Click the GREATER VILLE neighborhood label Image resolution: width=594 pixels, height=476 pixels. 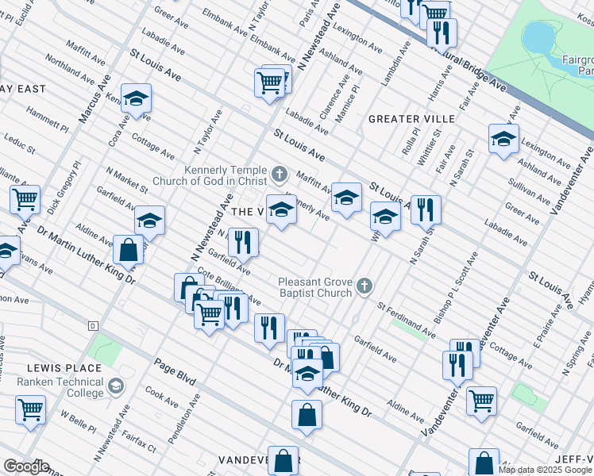point(411,119)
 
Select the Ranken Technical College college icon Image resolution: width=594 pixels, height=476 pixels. point(116,386)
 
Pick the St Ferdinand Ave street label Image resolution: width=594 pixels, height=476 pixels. point(406,318)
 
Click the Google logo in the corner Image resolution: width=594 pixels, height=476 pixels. point(25,466)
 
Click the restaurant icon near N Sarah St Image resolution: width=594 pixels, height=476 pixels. point(426,209)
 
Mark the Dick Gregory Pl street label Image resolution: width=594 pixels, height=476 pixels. point(64,189)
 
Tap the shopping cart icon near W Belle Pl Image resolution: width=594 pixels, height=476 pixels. point(30,410)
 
